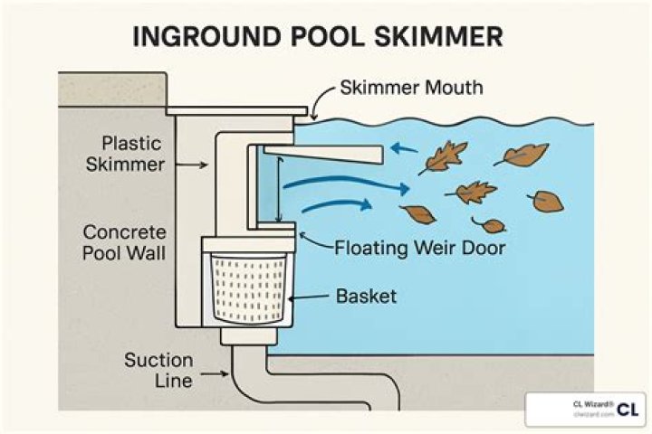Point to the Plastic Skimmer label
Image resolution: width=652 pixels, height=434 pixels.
point(133,153)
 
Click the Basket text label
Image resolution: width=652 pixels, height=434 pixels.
point(366,296)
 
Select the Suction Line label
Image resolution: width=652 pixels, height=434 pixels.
point(158,370)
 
